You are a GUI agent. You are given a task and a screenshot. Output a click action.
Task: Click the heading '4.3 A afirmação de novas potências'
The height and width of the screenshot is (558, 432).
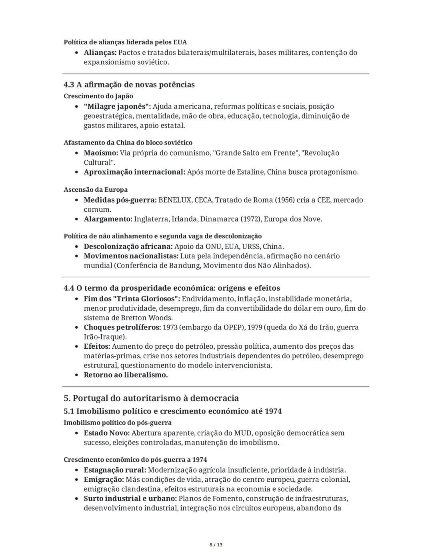(129, 85)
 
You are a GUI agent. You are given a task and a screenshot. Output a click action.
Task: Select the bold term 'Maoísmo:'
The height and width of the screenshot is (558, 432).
(101, 153)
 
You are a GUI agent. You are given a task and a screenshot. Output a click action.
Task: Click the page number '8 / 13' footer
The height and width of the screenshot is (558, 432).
(216, 545)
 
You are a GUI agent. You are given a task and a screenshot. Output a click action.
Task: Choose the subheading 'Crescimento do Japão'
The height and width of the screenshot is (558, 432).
(98, 96)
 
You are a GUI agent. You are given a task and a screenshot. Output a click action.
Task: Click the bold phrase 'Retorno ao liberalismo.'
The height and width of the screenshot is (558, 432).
(126, 375)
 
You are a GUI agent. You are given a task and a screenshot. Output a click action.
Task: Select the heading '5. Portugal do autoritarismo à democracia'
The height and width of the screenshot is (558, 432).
(151, 398)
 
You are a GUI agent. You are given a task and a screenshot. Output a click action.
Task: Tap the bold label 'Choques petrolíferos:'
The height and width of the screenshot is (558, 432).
(122, 328)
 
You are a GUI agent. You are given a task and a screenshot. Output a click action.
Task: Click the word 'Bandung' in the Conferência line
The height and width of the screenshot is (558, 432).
(185, 266)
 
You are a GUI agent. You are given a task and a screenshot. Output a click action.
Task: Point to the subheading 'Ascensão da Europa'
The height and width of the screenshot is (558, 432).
(96, 190)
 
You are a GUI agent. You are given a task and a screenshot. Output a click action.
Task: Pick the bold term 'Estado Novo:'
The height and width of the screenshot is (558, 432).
(106, 433)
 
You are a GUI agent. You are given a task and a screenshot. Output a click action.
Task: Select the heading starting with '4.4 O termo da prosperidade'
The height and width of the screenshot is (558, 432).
(172, 288)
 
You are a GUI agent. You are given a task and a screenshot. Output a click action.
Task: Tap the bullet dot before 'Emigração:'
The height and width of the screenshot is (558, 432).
(77, 480)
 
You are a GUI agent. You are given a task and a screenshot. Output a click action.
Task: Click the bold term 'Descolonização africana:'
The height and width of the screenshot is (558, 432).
(128, 246)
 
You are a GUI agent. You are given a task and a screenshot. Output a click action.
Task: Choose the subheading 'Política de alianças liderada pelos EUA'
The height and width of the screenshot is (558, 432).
(125, 42)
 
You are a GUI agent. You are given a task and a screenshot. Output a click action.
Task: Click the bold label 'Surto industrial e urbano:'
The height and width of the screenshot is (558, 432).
(130, 498)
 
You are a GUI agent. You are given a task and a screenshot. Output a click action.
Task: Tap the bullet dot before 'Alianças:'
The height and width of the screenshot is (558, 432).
(77, 53)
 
